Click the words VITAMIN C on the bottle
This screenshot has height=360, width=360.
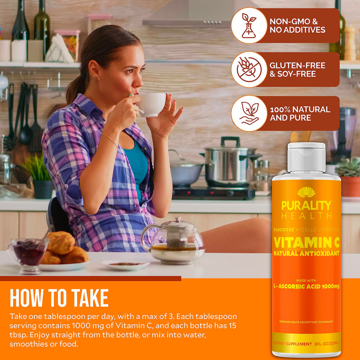(306, 243)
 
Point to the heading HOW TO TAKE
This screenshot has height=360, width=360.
(59, 298)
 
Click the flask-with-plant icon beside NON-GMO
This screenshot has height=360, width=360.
(249, 26)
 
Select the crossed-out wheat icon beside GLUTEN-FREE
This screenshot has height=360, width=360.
(249, 69)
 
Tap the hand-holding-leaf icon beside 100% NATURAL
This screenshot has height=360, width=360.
(249, 113)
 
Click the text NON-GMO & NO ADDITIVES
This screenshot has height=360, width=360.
(297, 26)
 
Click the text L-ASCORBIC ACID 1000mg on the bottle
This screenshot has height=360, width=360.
(306, 286)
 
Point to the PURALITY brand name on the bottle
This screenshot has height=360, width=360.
(306, 206)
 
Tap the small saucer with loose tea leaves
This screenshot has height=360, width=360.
(126, 264)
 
